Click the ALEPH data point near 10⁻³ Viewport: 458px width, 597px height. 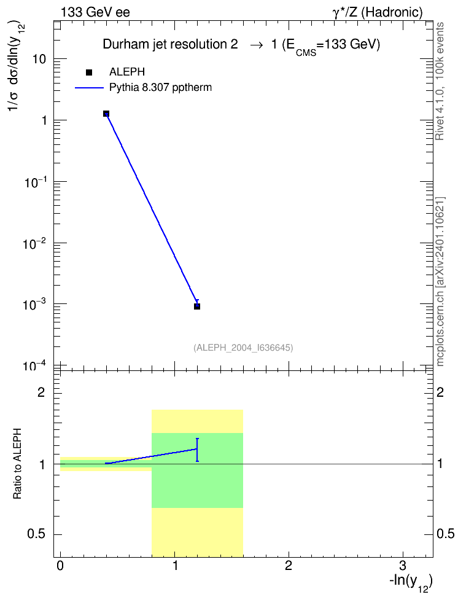[197, 306]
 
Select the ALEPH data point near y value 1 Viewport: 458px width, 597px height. [106, 114]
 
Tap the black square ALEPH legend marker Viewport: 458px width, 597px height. [89, 72]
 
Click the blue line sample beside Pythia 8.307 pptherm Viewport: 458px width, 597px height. [89, 88]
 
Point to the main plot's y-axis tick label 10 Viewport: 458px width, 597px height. [39, 59]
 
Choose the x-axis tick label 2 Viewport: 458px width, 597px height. [288, 566]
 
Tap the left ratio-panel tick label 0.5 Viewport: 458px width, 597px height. [37, 534]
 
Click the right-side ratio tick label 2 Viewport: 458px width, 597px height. [440, 392]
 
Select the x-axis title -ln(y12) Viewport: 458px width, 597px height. [411, 582]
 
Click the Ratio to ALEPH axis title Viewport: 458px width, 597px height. [17, 463]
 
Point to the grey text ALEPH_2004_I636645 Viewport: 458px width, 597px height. [243, 348]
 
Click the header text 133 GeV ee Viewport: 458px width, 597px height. [95, 12]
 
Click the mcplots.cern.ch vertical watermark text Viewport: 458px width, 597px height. [440, 325]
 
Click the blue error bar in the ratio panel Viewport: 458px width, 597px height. [197, 450]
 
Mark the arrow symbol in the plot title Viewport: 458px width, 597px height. [256, 45]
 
